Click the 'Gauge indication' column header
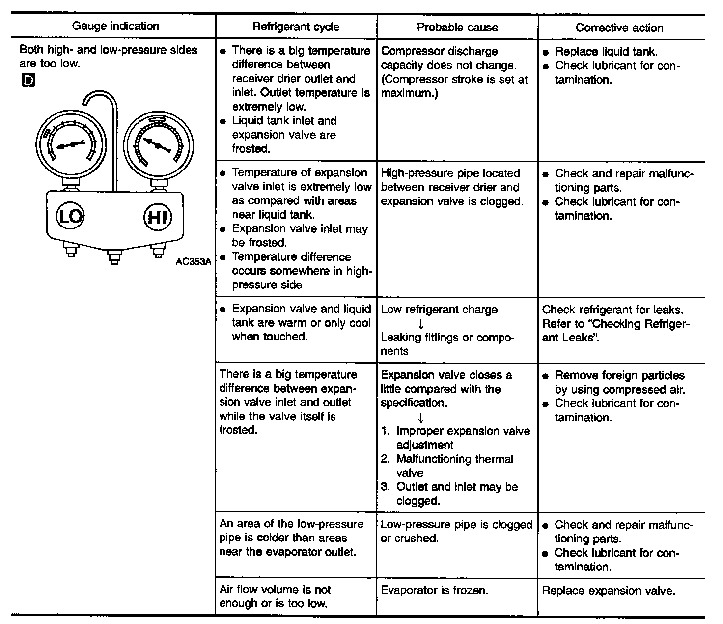point(115,26)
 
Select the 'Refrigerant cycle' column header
point(296,27)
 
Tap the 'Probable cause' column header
point(457,27)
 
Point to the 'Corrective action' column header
point(619,28)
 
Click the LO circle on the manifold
point(71,216)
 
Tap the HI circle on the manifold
point(157,217)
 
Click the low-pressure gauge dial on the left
point(71,144)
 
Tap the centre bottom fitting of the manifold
point(114,256)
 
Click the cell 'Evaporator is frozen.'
point(434,590)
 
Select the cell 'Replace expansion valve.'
point(609,591)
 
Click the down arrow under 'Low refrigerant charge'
point(421,324)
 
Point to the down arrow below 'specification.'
point(421,417)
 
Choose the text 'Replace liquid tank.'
point(606,52)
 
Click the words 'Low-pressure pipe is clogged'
point(456,525)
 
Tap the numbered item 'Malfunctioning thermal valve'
point(454,466)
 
